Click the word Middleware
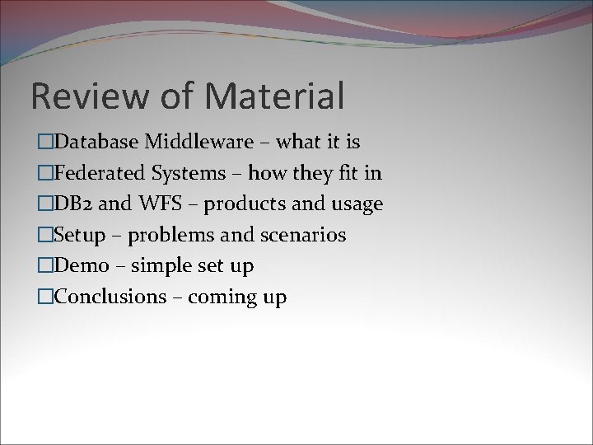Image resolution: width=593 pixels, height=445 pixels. pos(199,143)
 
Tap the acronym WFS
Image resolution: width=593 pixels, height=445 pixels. pos(155,204)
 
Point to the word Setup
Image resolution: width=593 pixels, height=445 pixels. pos(79,236)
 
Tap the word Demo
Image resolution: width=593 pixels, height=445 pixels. pos(81,266)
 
